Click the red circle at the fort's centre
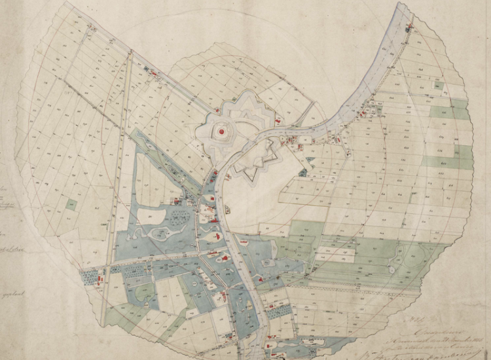coord(222,132)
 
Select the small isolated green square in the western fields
coord(71,204)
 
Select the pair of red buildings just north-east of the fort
coord(278,121)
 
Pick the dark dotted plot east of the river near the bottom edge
coord(276,311)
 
